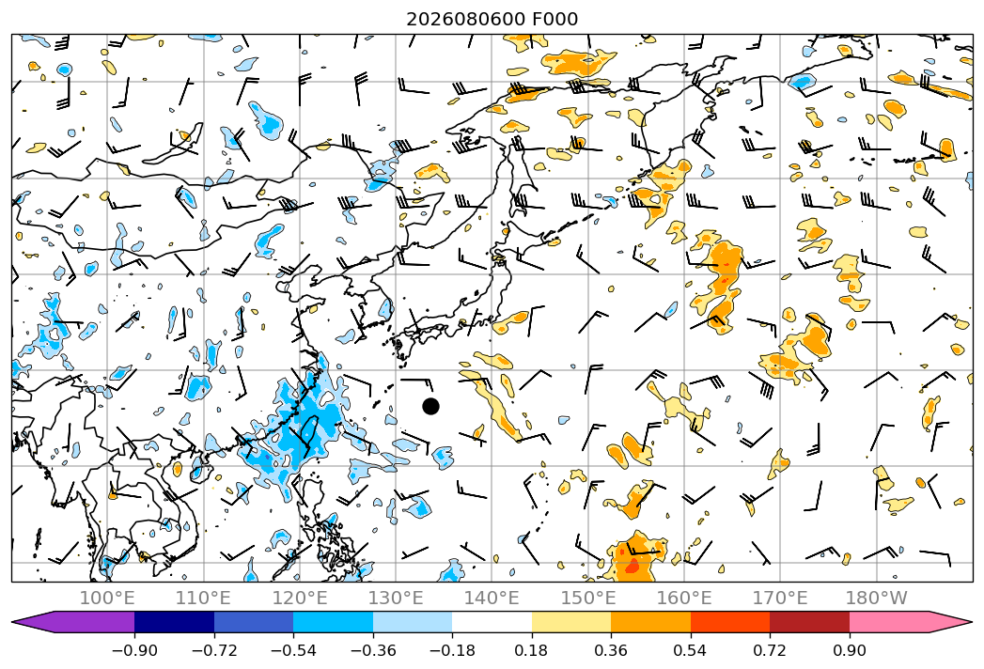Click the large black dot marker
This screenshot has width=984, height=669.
pos(430,407)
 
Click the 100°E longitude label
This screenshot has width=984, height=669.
pos(107,598)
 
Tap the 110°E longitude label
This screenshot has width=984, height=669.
pos(203,598)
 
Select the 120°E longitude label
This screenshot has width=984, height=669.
pos(300,598)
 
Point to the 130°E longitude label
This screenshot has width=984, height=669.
pos(396,598)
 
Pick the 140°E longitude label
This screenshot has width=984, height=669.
pos(492,598)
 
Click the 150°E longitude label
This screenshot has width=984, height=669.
pos(588,598)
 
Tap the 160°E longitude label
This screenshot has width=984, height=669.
pos(684,598)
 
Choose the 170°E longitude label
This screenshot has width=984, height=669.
pos(780,598)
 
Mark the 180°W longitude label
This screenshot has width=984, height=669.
pos(876,598)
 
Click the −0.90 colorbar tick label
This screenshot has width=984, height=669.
pos(134,650)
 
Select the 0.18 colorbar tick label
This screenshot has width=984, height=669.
pos(532,650)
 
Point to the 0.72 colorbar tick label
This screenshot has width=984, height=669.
pos(770,650)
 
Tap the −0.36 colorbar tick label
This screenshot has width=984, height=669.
pos(373,650)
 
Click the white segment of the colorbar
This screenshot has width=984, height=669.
pos(492,621)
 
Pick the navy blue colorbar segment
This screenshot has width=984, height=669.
pos(175,621)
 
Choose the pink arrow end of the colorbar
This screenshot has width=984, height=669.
pos(911,621)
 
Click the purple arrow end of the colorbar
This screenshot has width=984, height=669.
pos(73,621)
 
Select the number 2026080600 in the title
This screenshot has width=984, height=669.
pos(465,20)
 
